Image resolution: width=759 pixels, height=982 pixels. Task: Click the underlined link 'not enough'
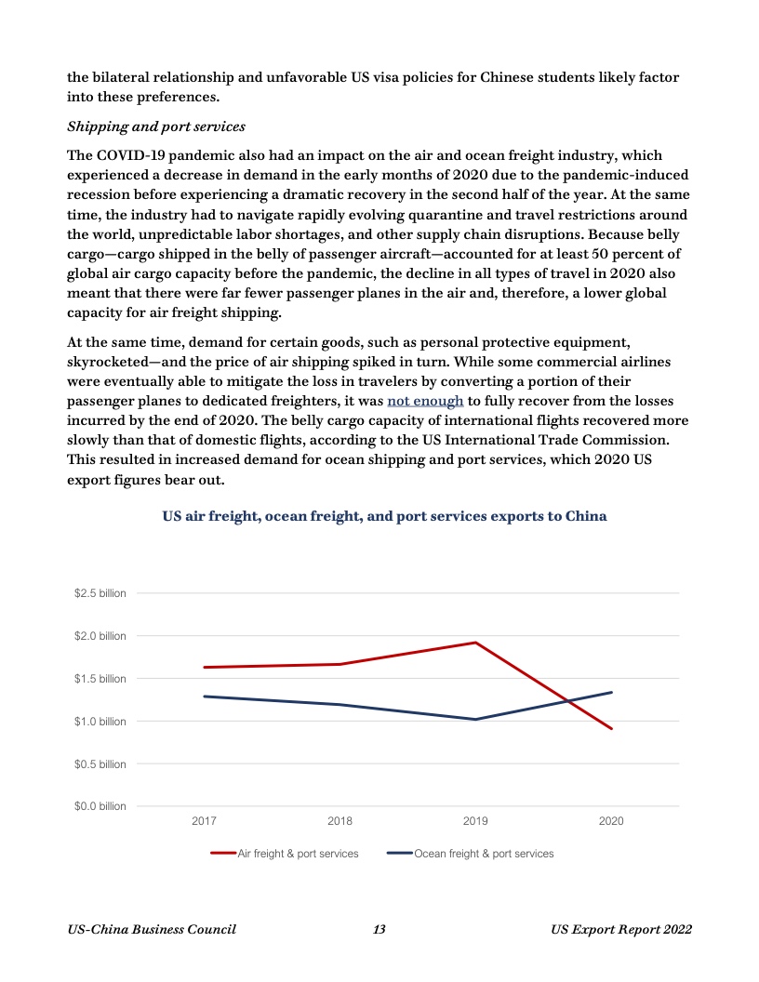(425, 401)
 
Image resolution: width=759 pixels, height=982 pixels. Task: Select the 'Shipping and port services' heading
(156, 126)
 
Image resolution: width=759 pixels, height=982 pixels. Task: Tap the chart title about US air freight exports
(384, 516)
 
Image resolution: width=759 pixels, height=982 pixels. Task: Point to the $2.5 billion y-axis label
(100, 593)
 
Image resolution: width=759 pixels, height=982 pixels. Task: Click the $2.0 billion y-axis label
(100, 636)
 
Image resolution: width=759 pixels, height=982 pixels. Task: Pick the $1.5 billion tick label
(100, 679)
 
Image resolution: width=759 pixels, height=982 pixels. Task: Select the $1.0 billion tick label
(100, 722)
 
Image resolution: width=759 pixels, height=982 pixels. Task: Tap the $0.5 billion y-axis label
(100, 764)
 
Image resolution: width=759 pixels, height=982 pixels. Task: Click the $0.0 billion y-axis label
(100, 806)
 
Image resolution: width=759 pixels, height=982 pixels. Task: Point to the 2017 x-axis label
(204, 822)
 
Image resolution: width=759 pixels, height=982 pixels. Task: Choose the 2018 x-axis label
(340, 822)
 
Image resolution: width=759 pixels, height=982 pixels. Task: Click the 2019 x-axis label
(475, 822)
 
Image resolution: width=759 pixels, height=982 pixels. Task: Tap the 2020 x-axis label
(611, 822)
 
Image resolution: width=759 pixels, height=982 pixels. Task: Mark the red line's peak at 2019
(475, 643)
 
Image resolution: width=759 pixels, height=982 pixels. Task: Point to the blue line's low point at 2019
(475, 719)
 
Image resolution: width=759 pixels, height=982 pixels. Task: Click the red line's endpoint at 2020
(611, 728)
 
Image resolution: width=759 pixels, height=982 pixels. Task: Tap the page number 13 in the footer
(379, 930)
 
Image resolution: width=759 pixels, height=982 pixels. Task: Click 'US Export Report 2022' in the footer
(620, 930)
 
